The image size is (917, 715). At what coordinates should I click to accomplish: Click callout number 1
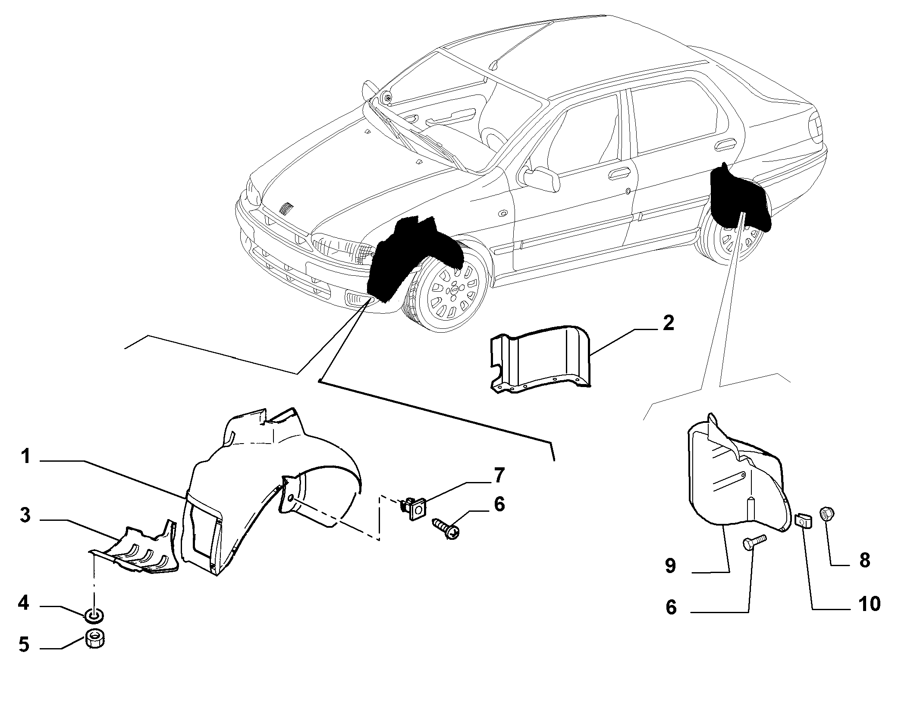(x=26, y=457)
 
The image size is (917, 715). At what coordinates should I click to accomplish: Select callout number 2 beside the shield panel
(x=668, y=324)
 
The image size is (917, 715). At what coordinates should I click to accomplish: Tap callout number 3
(x=25, y=515)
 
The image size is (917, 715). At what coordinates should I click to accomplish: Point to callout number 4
(x=24, y=603)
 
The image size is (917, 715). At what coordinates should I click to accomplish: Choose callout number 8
(x=865, y=561)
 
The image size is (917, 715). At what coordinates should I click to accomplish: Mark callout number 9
(x=670, y=566)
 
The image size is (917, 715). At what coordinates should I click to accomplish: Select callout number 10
(x=869, y=604)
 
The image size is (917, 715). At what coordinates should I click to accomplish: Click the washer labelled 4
(x=95, y=614)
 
